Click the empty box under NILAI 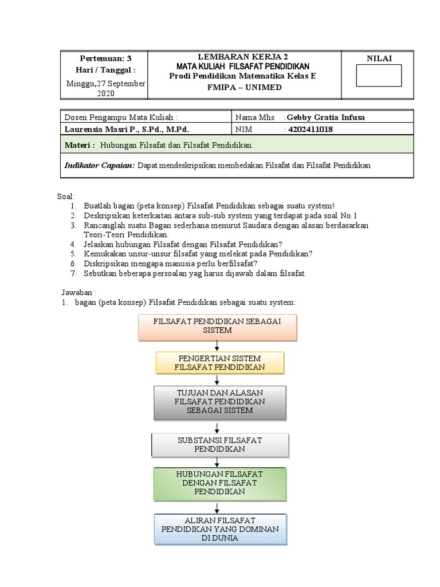(379, 75)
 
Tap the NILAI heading (378, 58)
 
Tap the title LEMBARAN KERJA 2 (243, 56)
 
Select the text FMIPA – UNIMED (243, 87)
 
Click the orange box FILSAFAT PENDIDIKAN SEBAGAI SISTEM (217, 326)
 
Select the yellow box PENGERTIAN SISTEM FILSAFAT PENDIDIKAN (220, 362)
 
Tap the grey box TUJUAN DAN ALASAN (219, 402)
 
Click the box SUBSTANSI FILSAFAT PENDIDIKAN (219, 444)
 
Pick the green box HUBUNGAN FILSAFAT (219, 483)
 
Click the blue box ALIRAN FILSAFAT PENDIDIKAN (220, 529)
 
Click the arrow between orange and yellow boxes (217, 345)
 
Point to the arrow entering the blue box (217, 507)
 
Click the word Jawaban (76, 291)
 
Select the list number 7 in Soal (74, 273)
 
